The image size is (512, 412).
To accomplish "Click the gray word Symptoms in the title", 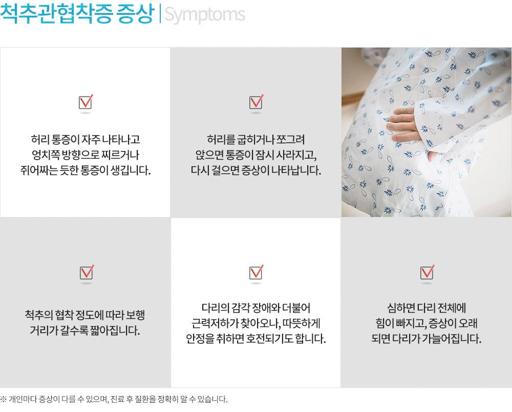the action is [x=205, y=15].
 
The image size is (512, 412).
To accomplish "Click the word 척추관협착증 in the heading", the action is [x=56, y=14].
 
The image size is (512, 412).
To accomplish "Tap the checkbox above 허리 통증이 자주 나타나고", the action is [x=86, y=102].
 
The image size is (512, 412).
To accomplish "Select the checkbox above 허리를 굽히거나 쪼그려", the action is [x=257, y=102].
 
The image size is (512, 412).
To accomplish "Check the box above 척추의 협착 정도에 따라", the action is [x=87, y=273].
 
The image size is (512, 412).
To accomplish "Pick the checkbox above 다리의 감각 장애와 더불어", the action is [x=257, y=273].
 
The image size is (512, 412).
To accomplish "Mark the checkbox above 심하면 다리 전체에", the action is [x=427, y=273].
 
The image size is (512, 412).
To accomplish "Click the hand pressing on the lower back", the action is [x=401, y=126].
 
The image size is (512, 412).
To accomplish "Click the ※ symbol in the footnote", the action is [x=3, y=399].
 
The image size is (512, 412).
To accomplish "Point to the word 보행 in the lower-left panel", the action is [x=136, y=315].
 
